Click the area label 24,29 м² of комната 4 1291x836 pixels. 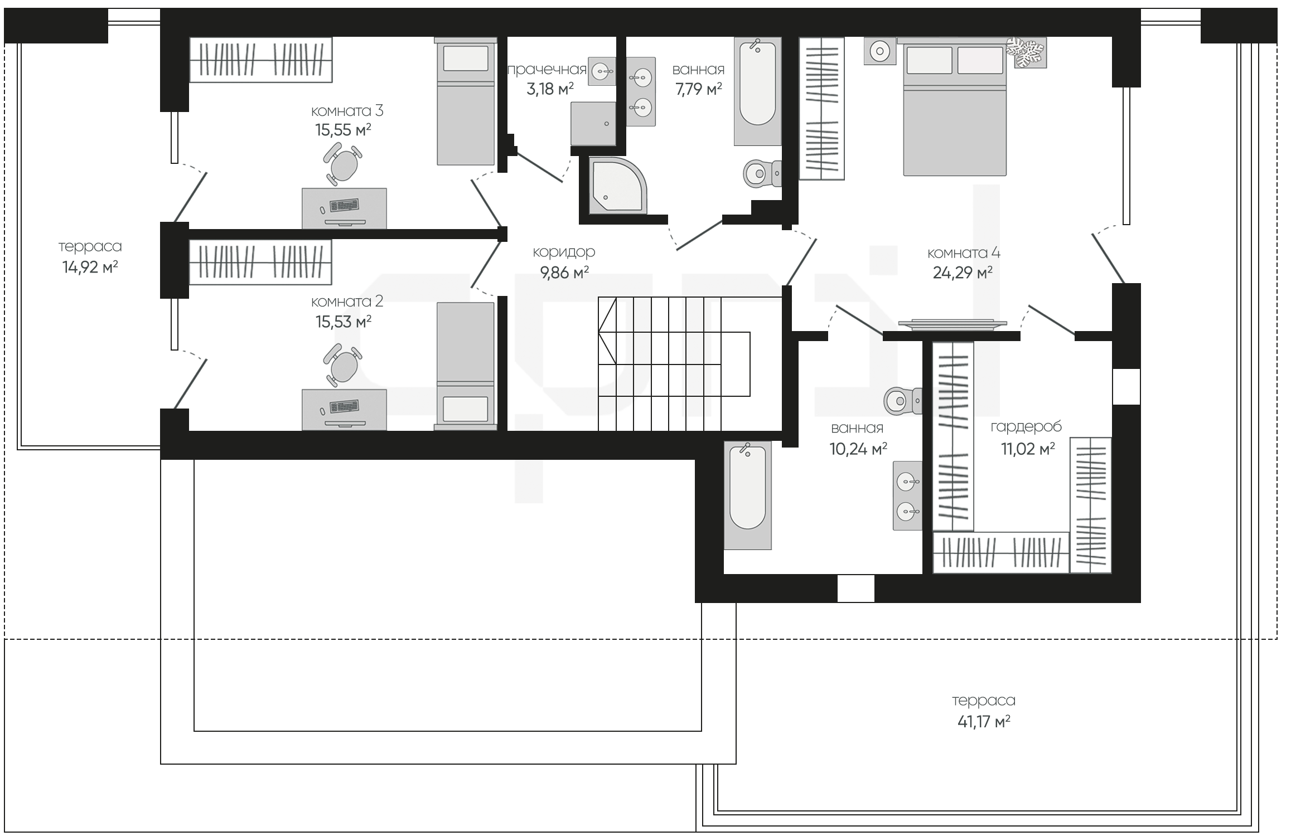963,273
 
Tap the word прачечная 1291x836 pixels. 547,69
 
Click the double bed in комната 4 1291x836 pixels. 955,106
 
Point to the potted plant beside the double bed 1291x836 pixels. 1027,52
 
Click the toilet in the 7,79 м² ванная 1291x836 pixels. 762,173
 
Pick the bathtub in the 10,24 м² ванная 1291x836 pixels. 748,495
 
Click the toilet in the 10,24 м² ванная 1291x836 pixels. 903,400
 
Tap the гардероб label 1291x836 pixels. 1026,427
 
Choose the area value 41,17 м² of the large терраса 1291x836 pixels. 984,722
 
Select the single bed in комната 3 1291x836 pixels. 466,101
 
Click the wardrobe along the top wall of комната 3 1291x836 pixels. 260,60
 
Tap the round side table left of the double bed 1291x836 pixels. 880,51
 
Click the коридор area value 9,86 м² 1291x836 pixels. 564,273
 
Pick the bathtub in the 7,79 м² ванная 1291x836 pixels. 757,91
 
